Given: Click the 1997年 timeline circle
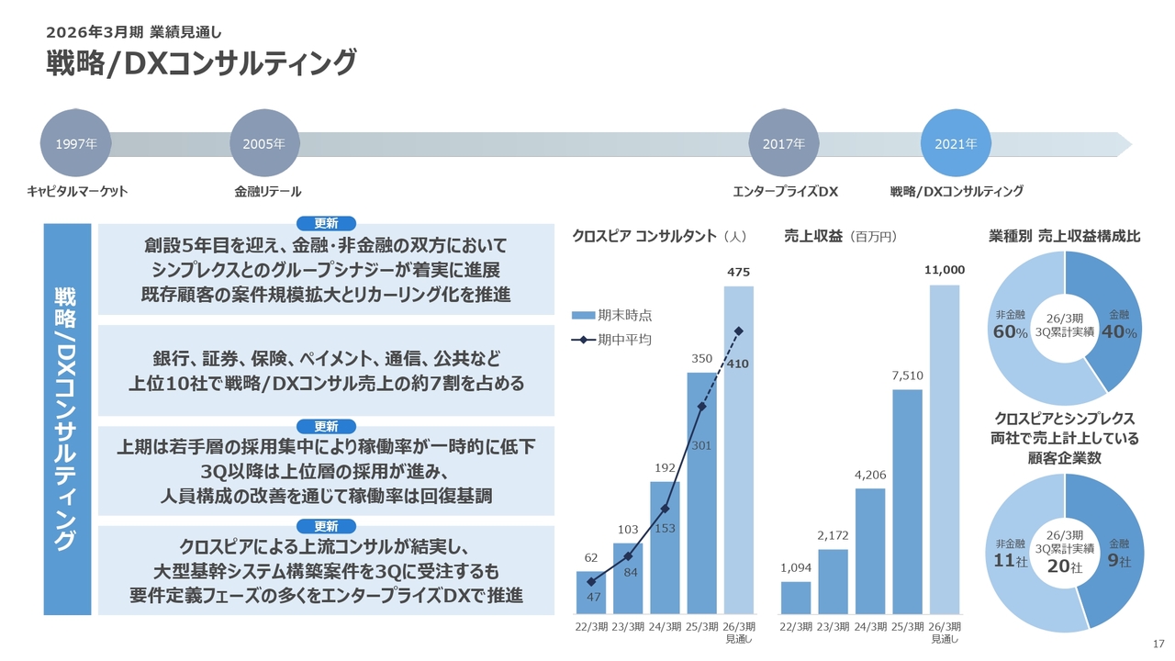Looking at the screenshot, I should (x=77, y=144).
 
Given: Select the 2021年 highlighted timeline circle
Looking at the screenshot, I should (x=956, y=144).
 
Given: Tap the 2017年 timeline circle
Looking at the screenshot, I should (x=784, y=144).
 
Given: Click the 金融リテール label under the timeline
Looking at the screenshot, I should (x=267, y=192).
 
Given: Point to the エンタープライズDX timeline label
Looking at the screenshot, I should (x=786, y=192).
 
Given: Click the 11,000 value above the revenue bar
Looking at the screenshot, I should (x=945, y=270).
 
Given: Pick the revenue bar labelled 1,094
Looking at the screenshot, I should (x=795, y=598).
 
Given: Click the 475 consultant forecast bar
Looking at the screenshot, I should (x=738, y=450).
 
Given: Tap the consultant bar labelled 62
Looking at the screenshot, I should (x=591, y=592).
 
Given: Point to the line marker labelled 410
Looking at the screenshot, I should (x=738, y=330).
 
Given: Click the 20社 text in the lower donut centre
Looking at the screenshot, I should (x=1065, y=567).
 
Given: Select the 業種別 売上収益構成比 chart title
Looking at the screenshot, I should (x=1064, y=236).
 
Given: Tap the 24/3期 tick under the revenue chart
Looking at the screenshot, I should (x=869, y=627).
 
